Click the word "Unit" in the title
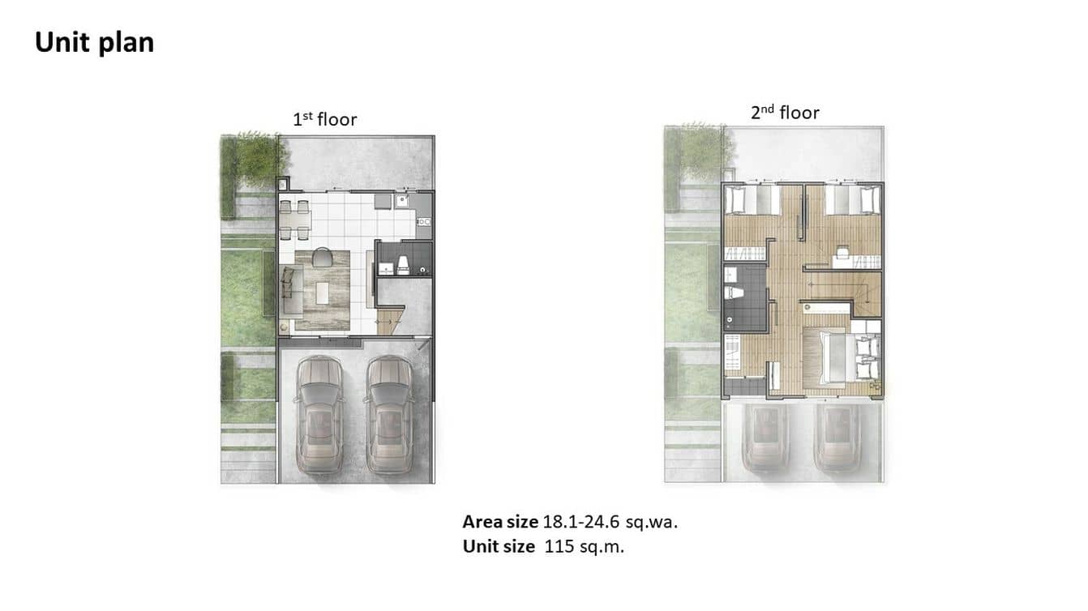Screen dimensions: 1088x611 [61, 42]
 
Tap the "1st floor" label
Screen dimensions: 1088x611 [324, 119]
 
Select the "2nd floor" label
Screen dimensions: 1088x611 [785, 113]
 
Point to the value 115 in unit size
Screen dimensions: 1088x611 [559, 546]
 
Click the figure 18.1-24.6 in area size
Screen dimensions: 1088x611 [581, 522]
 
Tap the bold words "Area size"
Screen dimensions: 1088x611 [500, 522]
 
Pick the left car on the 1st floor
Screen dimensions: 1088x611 [319, 415]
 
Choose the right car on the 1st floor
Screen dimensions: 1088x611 [389, 415]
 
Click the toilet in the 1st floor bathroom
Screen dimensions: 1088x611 [403, 265]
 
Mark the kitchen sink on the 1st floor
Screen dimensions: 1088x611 [401, 200]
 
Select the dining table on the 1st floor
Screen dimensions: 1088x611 [295, 220]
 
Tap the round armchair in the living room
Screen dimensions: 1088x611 [321, 257]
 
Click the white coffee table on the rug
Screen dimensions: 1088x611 [323, 293]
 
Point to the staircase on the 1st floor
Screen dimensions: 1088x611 [390, 320]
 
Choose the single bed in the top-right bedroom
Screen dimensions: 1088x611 [852, 199]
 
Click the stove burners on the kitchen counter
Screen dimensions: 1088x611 [424, 222]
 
